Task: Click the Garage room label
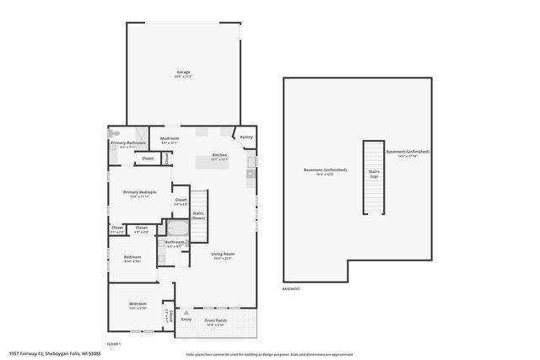coord(183,73)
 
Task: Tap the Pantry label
coord(246,137)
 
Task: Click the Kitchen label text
coord(219,155)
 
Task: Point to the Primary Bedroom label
coord(139,193)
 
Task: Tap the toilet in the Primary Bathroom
coord(115,133)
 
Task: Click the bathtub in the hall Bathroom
coord(175,228)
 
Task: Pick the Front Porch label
coord(216,320)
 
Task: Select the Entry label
coord(186,320)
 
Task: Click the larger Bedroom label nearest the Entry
coord(138,304)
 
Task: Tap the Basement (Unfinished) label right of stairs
coord(408,153)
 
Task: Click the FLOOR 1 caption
coord(114,343)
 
